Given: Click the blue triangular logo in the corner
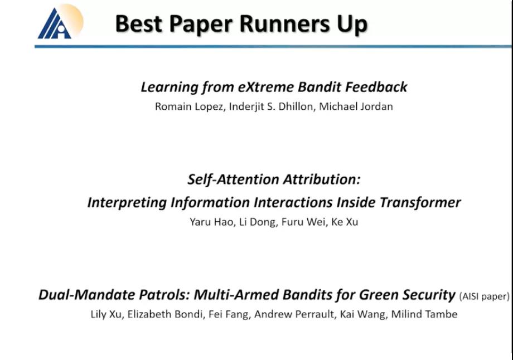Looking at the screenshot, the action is click(x=55, y=23).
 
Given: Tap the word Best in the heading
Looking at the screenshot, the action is click(x=139, y=24).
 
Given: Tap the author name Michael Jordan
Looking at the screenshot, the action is click(x=356, y=106).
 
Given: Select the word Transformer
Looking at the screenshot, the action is click(x=420, y=202).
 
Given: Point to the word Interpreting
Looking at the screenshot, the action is click(x=127, y=203).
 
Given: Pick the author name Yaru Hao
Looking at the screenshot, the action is click(x=212, y=222).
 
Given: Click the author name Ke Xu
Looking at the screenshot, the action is click(x=345, y=222).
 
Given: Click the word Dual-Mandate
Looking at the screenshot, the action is click(x=87, y=295).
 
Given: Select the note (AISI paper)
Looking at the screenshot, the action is click(x=484, y=296).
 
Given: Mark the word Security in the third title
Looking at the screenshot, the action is click(x=429, y=295).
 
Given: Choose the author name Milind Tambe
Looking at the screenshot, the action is click(x=424, y=314).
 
